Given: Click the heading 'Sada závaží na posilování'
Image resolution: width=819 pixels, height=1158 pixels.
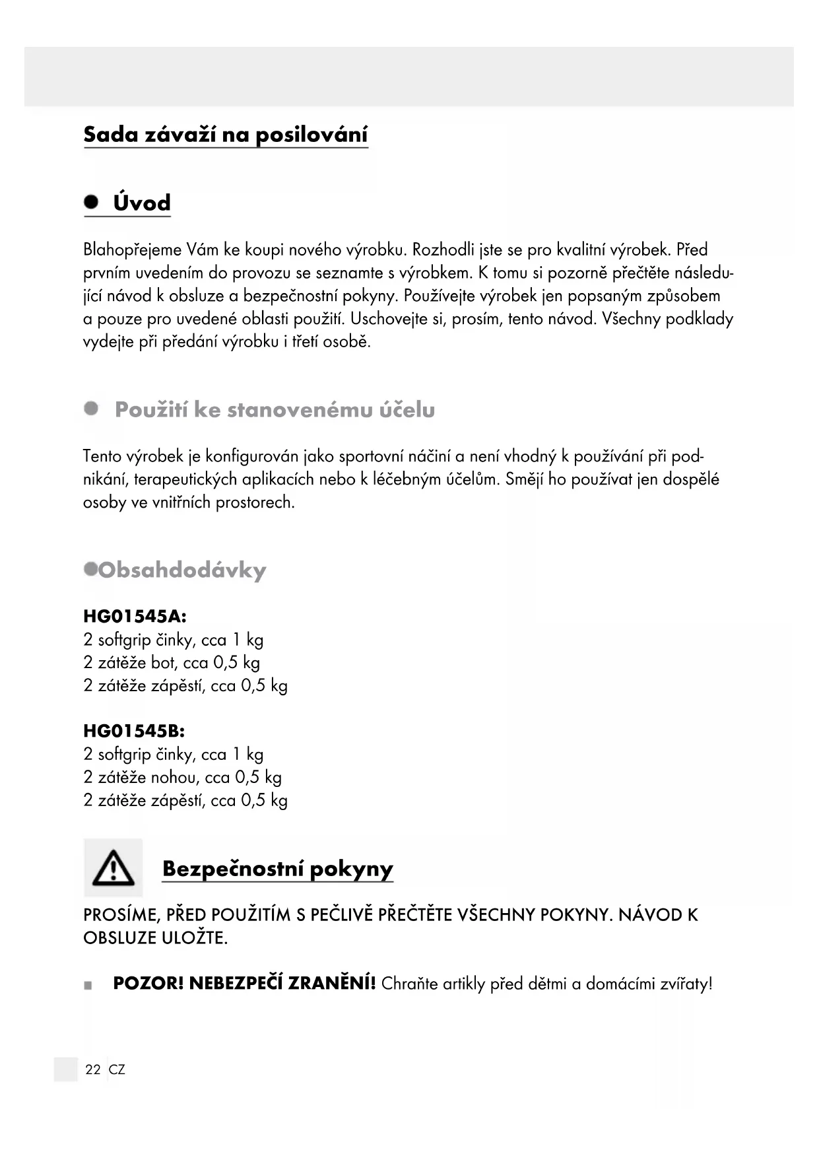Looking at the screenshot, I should [226, 135].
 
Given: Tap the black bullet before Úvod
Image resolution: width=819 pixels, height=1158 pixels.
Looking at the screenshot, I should [91, 201].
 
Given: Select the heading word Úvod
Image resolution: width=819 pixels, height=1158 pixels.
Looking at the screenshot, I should [142, 203].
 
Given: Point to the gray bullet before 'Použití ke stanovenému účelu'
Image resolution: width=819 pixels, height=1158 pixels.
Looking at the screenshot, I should [91, 409].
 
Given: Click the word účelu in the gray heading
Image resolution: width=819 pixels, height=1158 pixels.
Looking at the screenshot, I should [407, 410].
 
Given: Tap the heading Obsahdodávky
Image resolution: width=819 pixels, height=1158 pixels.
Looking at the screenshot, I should [182, 570].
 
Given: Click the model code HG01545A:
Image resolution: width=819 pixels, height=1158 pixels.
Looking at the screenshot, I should [135, 617].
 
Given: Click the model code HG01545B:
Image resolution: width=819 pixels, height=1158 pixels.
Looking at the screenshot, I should [134, 732].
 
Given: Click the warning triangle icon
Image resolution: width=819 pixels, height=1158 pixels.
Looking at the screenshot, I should [113, 868].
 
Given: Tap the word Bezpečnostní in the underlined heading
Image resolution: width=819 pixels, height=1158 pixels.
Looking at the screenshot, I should [232, 869].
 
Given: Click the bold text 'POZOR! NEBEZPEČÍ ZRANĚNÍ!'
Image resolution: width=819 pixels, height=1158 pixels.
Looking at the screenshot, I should [244, 984].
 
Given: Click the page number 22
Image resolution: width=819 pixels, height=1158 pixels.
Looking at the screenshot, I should [93, 1070].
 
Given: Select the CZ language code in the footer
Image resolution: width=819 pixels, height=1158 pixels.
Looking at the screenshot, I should [117, 1070].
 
